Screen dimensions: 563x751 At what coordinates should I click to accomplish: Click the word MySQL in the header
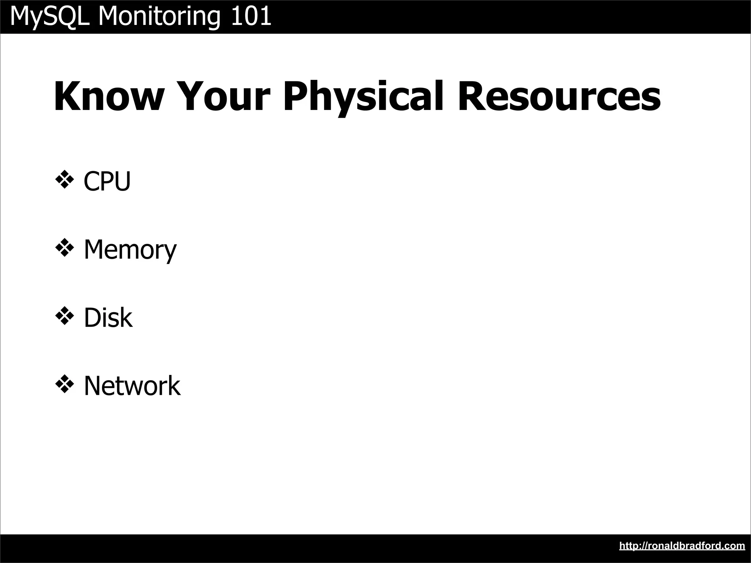50,16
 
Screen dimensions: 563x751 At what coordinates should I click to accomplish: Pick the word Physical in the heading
363,96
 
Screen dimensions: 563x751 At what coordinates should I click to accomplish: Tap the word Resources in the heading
559,96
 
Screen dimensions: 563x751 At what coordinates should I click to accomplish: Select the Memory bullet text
130,250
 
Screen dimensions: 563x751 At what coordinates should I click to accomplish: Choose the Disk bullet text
108,318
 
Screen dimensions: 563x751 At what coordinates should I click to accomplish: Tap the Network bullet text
132,386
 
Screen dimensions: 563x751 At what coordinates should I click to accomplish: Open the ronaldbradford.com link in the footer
682,546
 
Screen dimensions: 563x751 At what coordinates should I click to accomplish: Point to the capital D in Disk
92,318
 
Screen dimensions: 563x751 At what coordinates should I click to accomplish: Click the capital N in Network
94,386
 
